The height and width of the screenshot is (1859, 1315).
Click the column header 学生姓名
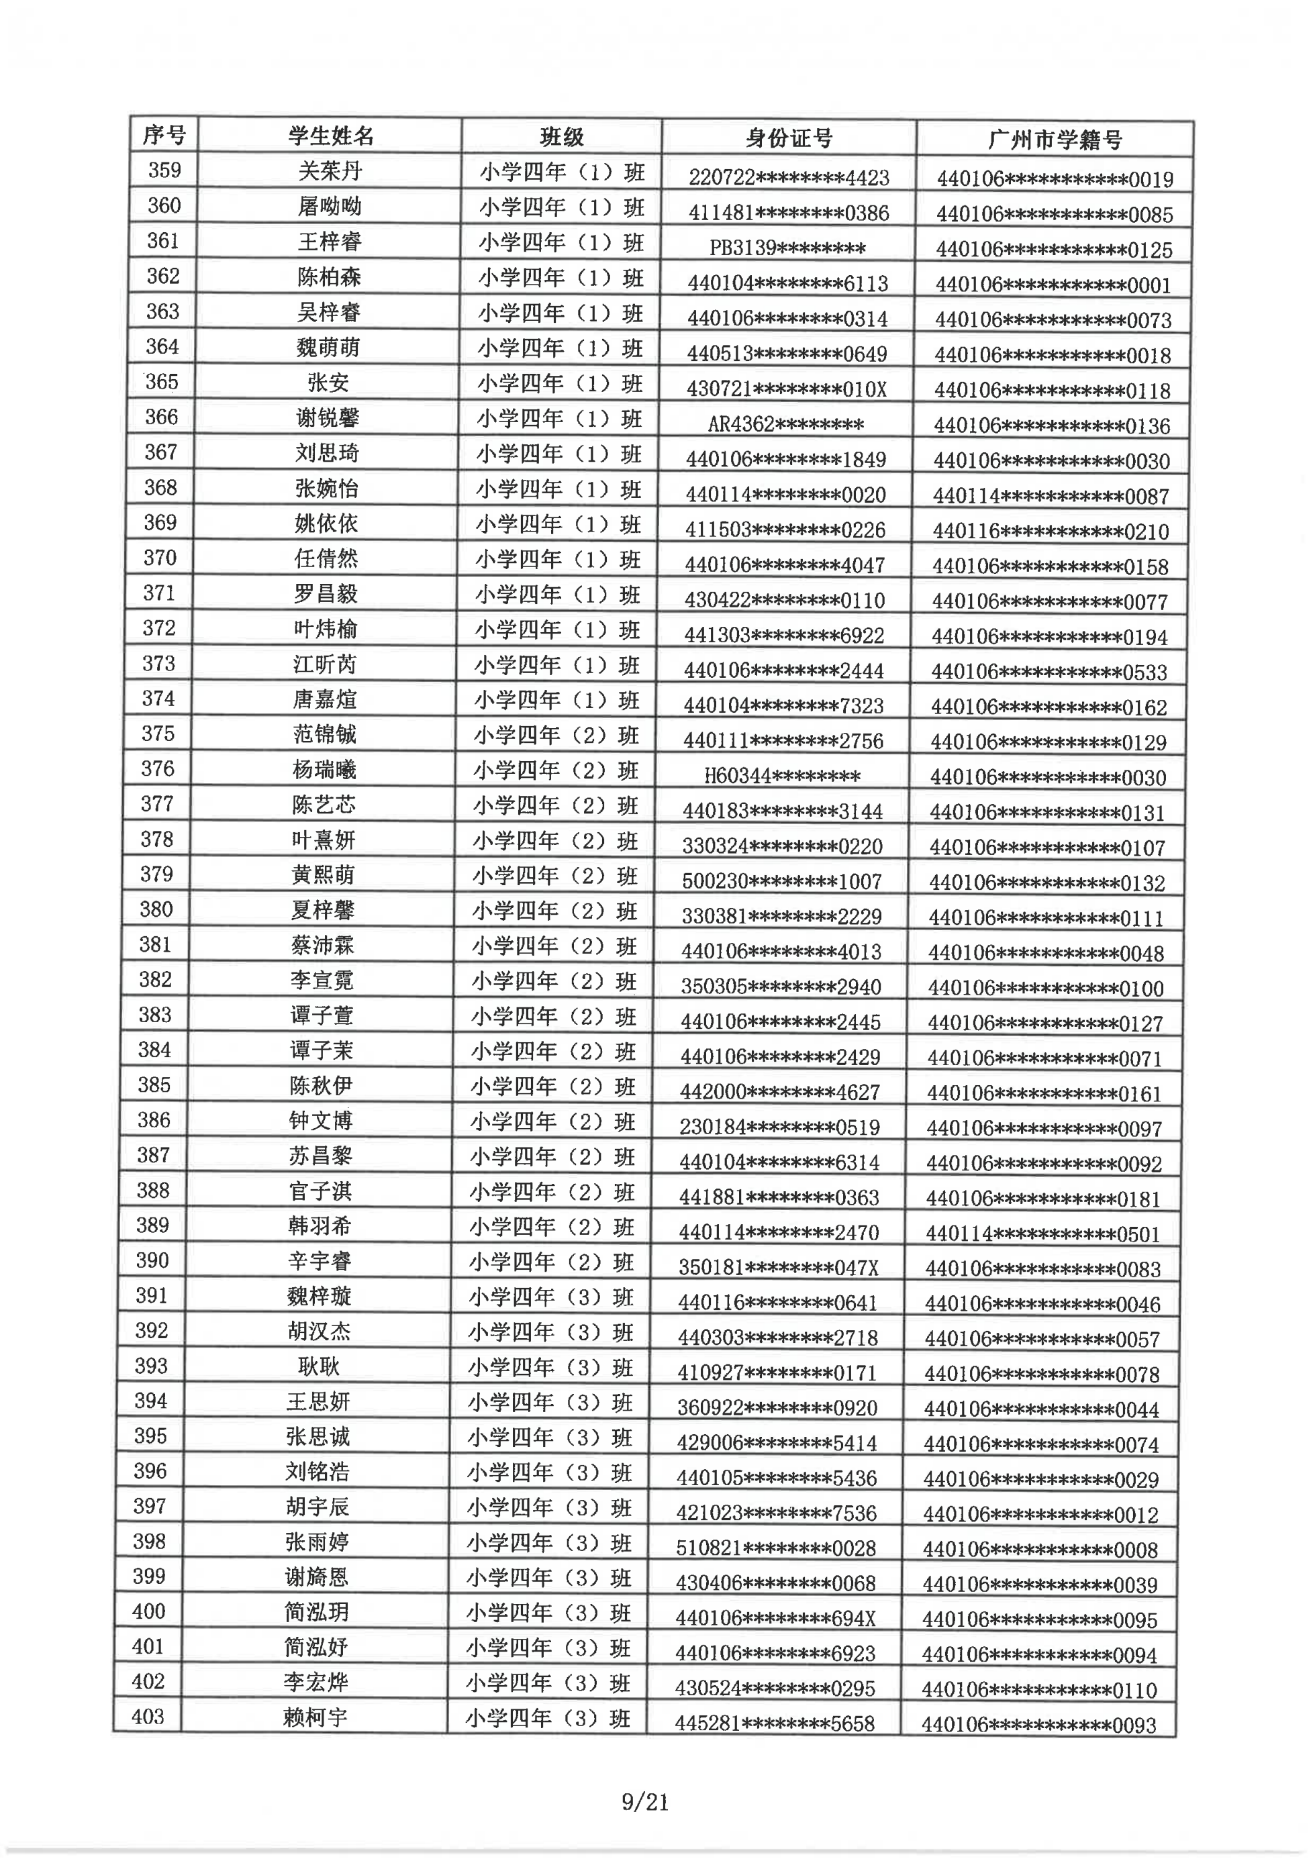[330, 136]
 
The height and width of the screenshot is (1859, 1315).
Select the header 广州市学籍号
[1055, 140]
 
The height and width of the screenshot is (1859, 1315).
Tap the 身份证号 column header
[789, 138]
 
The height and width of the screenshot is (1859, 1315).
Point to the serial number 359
[164, 170]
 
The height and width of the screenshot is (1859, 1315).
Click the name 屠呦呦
[329, 207]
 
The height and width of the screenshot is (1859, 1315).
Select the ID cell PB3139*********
[787, 248]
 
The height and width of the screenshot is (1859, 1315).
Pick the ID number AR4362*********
[785, 423]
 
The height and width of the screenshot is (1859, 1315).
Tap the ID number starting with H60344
[782, 776]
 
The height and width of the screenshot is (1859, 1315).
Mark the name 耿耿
[318, 1366]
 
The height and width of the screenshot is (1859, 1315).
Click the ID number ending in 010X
[786, 389]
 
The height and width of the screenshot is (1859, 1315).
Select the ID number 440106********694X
[776, 1617]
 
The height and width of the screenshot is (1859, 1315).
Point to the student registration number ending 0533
[1049, 671]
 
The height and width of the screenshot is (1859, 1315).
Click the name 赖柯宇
[315, 1717]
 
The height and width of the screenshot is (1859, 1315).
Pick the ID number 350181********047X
[778, 1266]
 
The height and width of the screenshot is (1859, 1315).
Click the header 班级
[561, 138]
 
